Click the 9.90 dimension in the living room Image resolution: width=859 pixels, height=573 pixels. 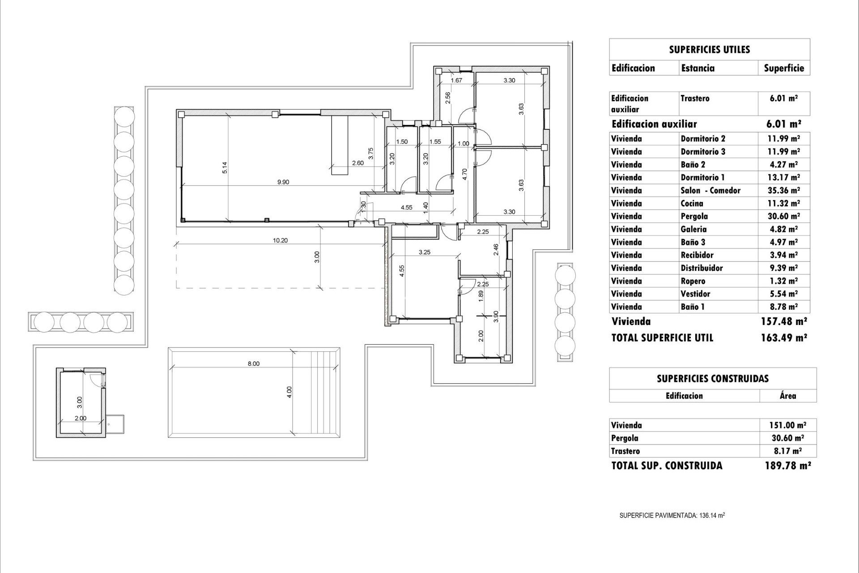click(283, 182)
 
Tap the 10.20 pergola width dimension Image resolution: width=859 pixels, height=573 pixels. click(280, 240)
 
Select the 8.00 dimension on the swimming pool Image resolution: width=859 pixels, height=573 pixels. click(254, 363)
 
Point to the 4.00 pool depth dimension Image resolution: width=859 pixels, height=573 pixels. click(289, 392)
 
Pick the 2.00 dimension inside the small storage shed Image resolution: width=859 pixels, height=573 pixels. click(80, 418)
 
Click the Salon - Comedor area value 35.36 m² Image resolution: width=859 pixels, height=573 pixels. click(783, 190)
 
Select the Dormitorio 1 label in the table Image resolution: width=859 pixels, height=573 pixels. click(702, 177)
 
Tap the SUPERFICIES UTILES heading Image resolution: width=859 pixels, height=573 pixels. click(709, 50)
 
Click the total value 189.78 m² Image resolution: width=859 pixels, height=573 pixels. click(787, 466)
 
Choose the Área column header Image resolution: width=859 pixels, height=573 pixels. click(787, 396)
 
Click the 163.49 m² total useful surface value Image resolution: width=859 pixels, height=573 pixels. click(783, 338)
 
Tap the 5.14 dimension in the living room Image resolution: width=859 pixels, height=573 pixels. click(225, 167)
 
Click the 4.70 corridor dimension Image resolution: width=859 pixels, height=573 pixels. click(465, 174)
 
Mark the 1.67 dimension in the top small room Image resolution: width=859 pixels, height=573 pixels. click(456, 81)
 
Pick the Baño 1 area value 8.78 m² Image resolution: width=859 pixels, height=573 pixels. click(783, 307)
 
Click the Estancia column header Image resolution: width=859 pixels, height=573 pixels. click(697, 68)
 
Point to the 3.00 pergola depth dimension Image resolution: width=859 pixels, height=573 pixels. click(317, 257)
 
